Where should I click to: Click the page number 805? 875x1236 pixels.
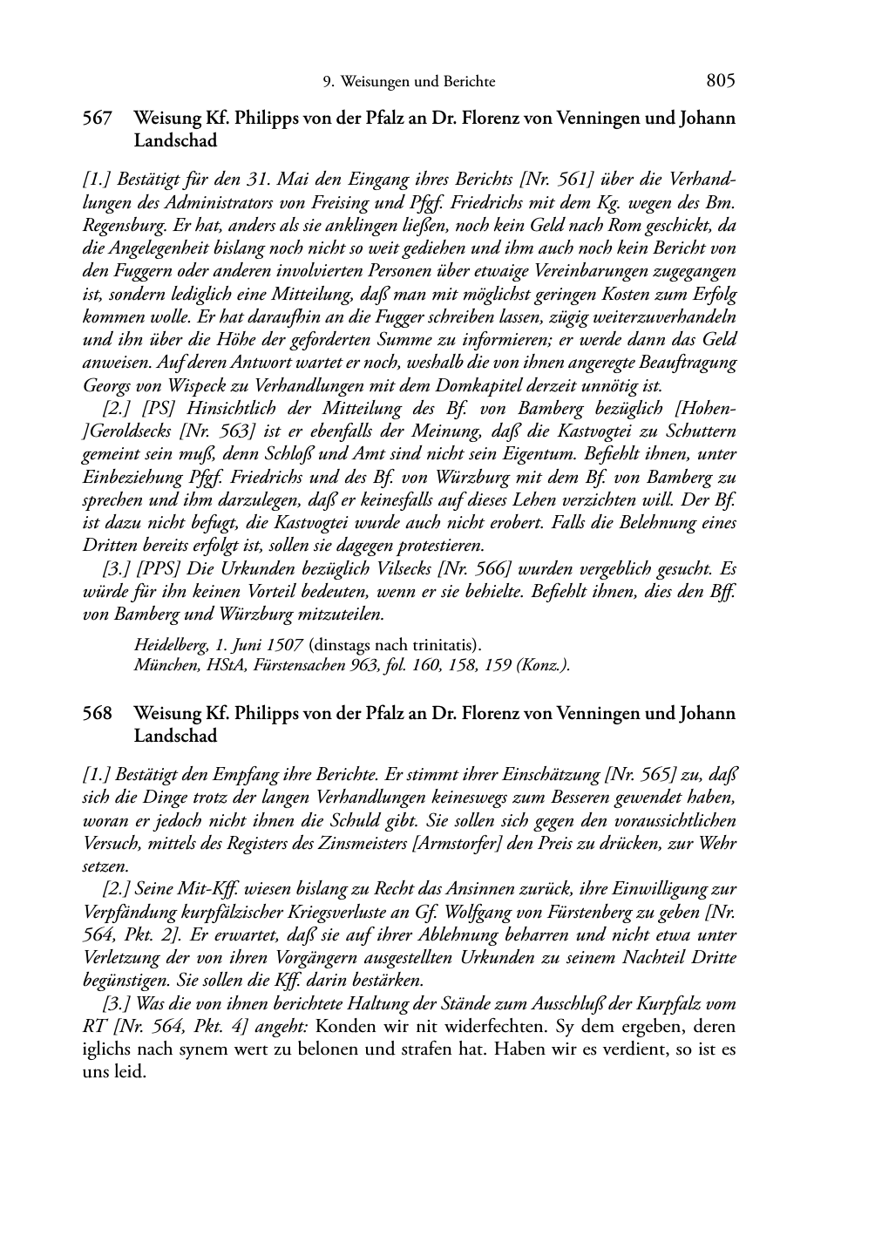click(721, 81)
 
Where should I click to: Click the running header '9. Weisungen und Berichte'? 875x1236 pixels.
click(409, 82)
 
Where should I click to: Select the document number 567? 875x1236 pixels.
click(97, 118)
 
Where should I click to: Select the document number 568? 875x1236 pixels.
click(97, 714)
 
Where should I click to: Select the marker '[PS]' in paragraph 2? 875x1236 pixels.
click(161, 408)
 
